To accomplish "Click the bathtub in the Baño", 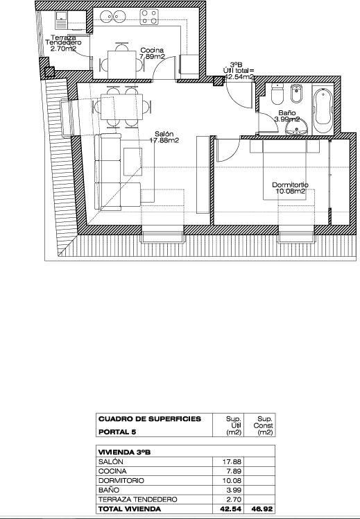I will click(x=322, y=110).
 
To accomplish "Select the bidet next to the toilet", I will click(x=296, y=94).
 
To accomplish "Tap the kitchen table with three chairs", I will click(x=121, y=63).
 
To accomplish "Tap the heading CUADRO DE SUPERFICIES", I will click(x=150, y=419).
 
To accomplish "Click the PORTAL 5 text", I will click(x=118, y=432).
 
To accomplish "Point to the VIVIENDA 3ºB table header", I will click(x=125, y=451).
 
